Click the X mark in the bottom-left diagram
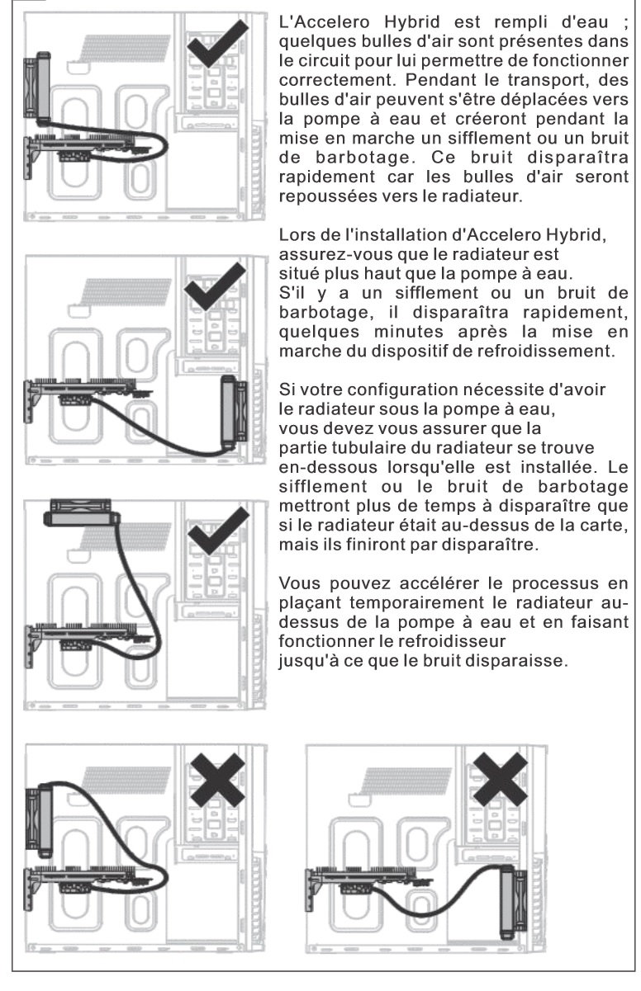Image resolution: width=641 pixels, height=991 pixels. (x=219, y=777)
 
